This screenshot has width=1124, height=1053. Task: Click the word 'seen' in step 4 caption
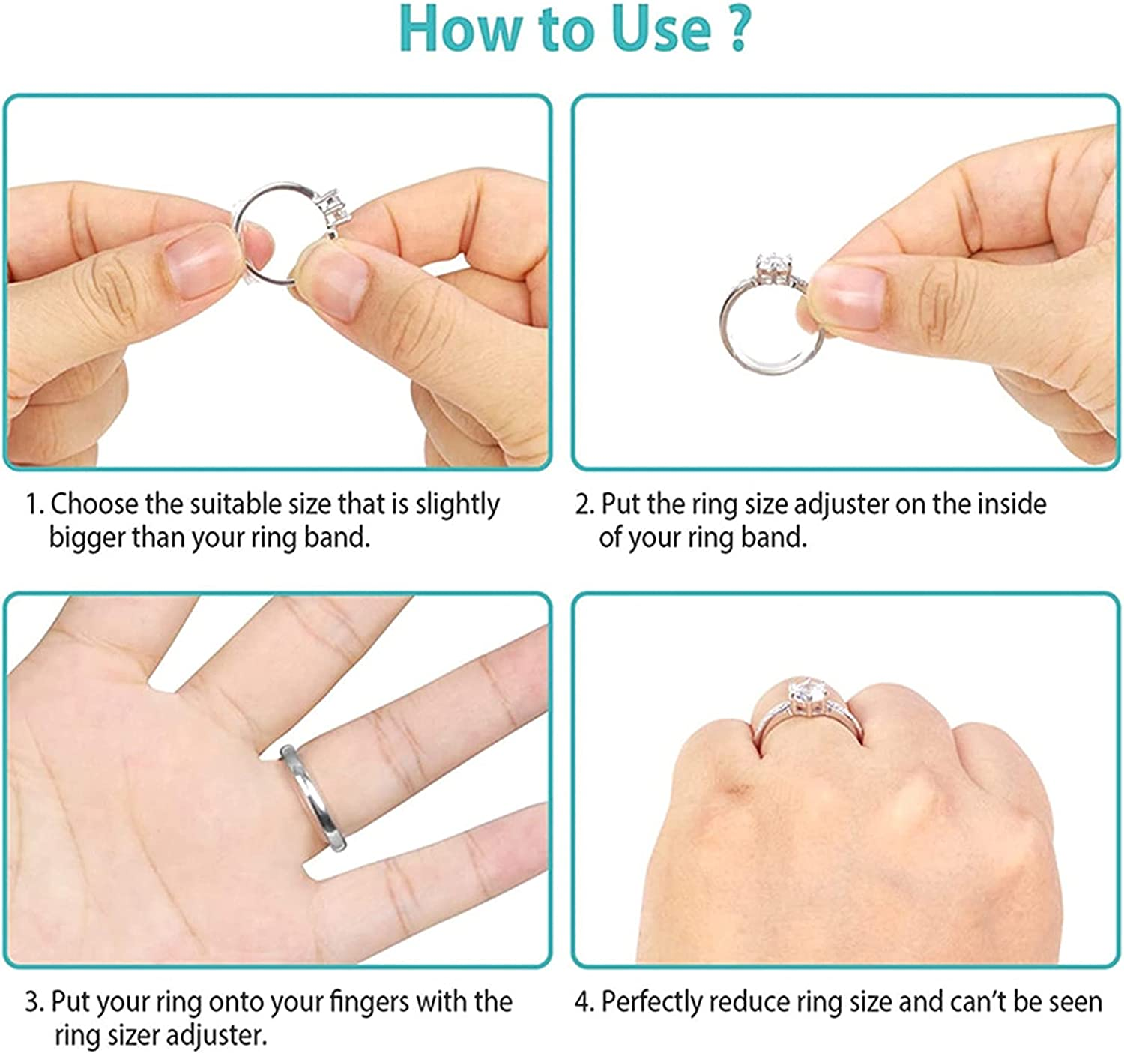pos(1075,1002)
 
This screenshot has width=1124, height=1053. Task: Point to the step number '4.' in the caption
pos(584,1002)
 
